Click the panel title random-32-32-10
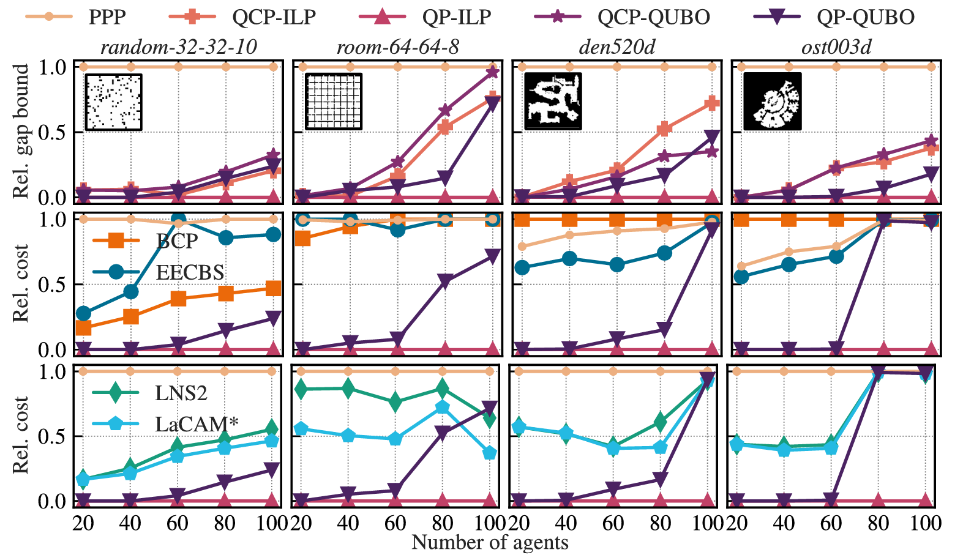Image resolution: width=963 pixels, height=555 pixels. pyautogui.click(x=178, y=47)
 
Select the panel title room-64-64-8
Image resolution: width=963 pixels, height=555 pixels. pyautogui.click(x=398, y=47)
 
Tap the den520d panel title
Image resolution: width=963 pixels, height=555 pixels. pyautogui.click(x=616, y=47)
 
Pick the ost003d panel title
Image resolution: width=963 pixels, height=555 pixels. pyautogui.click(x=836, y=47)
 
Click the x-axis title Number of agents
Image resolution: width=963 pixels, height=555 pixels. pyautogui.click(x=490, y=543)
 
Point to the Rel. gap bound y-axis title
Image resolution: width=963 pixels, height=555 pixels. pyautogui.click(x=22, y=131)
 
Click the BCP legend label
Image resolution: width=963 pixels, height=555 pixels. pyautogui.click(x=177, y=242)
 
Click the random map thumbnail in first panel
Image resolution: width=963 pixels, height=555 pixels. pyautogui.click(x=113, y=102)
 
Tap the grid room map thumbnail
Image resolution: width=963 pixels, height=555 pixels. pyautogui.click(x=334, y=102)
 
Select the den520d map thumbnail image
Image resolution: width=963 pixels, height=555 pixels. pyautogui.click(x=553, y=102)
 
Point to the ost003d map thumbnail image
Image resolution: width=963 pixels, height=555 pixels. pyautogui.click(x=772, y=102)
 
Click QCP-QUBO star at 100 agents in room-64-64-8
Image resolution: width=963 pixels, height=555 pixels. pyautogui.click(x=492, y=73)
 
